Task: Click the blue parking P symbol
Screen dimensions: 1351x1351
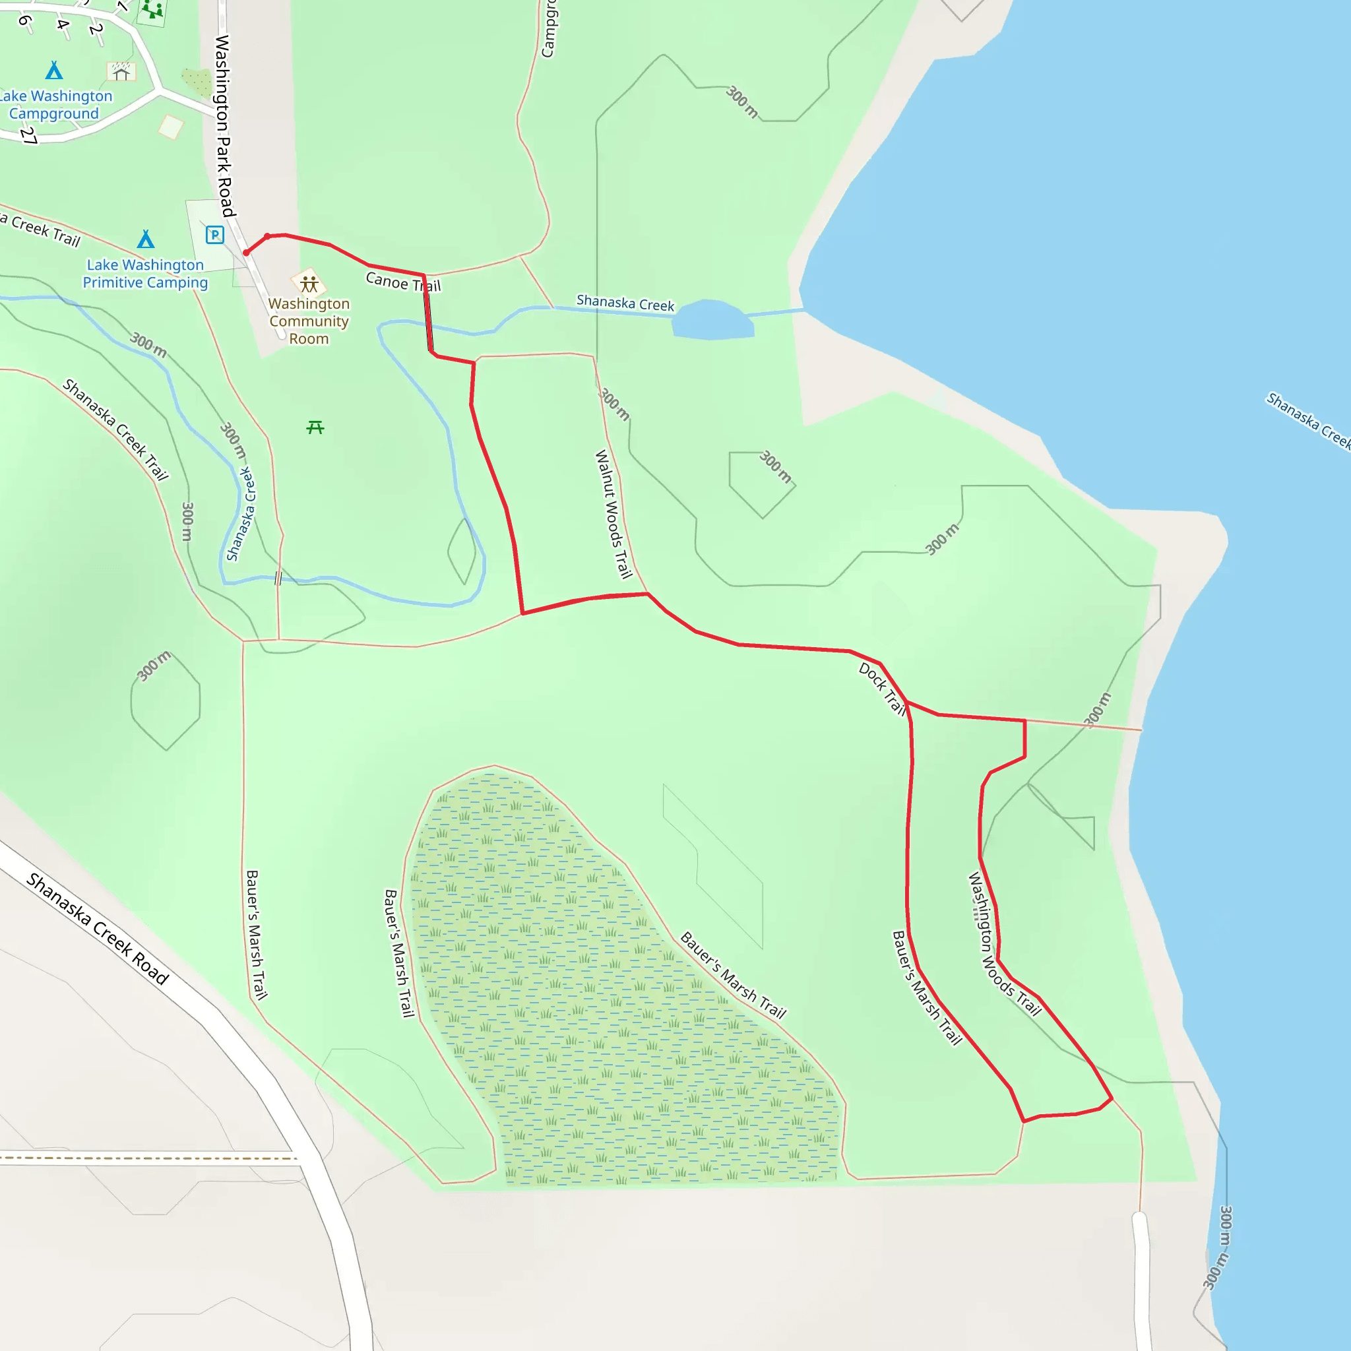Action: pyautogui.click(x=214, y=234)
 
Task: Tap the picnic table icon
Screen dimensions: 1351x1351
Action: pyautogui.click(x=315, y=427)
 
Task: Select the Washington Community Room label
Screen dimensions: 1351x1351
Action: pyautogui.click(x=309, y=321)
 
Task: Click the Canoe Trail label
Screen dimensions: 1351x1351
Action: pyautogui.click(x=403, y=282)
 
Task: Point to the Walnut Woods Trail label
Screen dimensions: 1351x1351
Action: pyautogui.click(x=613, y=514)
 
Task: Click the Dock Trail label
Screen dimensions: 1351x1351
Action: pyautogui.click(x=883, y=689)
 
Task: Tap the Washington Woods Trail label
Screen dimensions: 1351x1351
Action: pyautogui.click(x=1003, y=943)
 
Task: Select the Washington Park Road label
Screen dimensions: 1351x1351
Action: pyautogui.click(x=224, y=126)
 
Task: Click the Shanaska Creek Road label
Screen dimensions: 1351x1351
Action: pyautogui.click(x=98, y=929)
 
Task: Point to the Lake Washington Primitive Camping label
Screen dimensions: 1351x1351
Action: pyautogui.click(x=144, y=273)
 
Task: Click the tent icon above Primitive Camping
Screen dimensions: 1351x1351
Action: pyautogui.click(x=145, y=239)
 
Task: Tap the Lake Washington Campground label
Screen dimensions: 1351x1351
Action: pyautogui.click(x=55, y=104)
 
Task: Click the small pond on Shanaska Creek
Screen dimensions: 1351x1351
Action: pyautogui.click(x=712, y=319)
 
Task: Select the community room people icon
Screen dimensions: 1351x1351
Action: pyautogui.click(x=309, y=283)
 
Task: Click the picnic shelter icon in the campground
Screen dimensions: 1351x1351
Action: pyautogui.click(x=121, y=71)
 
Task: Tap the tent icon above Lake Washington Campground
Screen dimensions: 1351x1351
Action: pyautogui.click(x=54, y=70)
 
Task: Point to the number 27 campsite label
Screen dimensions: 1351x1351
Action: pyautogui.click(x=28, y=135)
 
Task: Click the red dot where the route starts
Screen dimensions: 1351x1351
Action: pyautogui.click(x=246, y=253)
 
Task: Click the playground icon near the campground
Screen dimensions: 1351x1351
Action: pyautogui.click(x=152, y=10)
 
